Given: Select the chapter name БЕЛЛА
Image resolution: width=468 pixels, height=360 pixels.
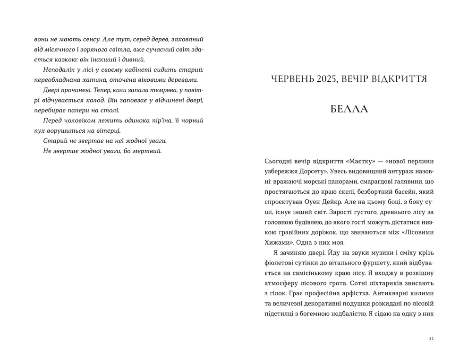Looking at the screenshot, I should pos(349,109).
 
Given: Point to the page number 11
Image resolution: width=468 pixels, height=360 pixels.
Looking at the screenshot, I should pos(431,338).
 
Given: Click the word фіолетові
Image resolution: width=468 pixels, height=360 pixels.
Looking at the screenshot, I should pos(277,262).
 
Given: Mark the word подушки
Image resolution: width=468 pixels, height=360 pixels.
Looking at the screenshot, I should pos(357,303).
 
